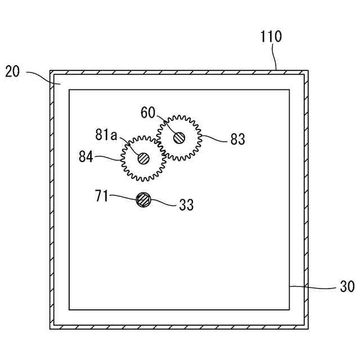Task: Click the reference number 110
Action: (271, 38)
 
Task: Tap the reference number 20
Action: (13, 71)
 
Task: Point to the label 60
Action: (148, 112)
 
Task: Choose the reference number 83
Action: (238, 139)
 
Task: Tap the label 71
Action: (102, 196)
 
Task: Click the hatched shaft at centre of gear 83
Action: (179, 137)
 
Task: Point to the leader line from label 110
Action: (274, 56)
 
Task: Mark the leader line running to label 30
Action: (315, 287)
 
